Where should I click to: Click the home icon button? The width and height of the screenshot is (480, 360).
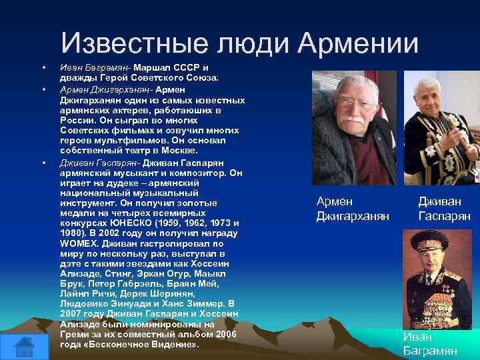click(24, 345)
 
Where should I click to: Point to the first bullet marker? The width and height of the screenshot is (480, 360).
click(43, 68)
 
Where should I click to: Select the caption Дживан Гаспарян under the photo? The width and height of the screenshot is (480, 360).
click(444, 209)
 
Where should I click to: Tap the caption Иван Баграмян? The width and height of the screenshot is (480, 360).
click(429, 343)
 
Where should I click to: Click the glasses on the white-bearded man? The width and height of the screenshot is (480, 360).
click(356, 103)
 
